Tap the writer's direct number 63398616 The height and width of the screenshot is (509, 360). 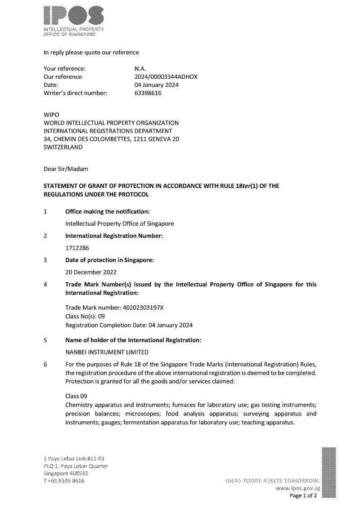tap(144, 93)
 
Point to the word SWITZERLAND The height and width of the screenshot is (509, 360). tap(63, 147)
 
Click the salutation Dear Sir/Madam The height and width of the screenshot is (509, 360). tap(66, 169)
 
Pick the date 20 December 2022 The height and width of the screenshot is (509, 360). tap(91, 272)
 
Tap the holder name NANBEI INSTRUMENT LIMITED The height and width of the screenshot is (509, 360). tap(107, 352)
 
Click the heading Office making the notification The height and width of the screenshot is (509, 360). tap(108, 211)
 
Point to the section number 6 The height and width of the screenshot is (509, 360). tap(45, 365)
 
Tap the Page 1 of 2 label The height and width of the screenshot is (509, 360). tap(303, 496)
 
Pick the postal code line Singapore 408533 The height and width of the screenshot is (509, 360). tap(65, 473)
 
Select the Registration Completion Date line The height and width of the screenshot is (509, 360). tap(129, 325)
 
